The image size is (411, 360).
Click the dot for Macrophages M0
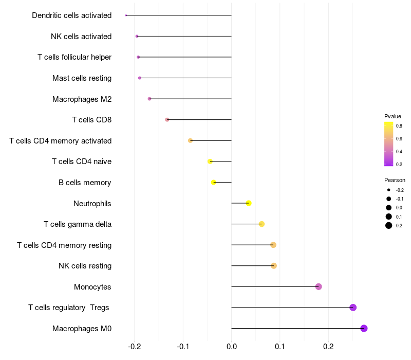click(x=364, y=329)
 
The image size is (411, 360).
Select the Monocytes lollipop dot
click(x=319, y=286)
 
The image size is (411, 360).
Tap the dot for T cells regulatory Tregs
click(x=353, y=308)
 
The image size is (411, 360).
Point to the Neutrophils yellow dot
click(x=249, y=203)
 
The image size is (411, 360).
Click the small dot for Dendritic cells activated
click(x=126, y=15)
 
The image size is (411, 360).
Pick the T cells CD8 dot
click(x=167, y=120)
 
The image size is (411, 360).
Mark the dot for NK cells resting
click(x=274, y=266)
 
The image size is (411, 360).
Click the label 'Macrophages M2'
click(x=82, y=99)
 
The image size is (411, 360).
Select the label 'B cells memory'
click(x=85, y=183)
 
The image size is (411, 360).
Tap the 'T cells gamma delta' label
click(x=78, y=224)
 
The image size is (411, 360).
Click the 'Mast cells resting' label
click(x=82, y=78)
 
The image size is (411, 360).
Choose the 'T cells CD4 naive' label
click(x=82, y=161)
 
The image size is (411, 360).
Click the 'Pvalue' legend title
click(x=393, y=116)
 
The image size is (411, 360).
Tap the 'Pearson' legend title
click(x=395, y=180)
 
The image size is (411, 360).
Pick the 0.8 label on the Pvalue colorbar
click(x=399, y=125)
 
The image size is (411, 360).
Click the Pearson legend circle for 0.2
click(x=389, y=225)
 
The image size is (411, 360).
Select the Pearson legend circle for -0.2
click(x=389, y=190)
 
